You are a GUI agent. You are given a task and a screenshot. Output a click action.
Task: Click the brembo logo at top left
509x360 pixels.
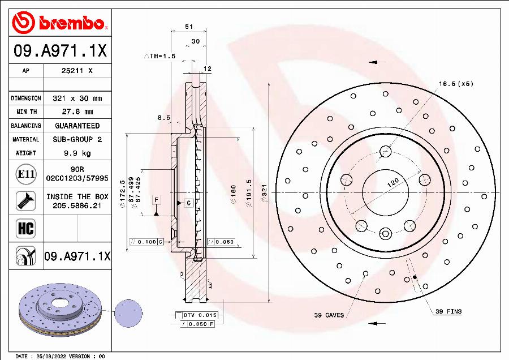click(60, 23)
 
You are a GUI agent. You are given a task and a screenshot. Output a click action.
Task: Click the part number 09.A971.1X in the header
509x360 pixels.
click(60, 52)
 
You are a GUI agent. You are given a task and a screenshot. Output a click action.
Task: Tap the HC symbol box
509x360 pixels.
click(25, 228)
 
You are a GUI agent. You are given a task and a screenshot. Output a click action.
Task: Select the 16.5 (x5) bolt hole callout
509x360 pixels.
click(455, 84)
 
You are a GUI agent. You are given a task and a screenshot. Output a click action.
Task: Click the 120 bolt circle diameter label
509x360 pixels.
click(393, 183)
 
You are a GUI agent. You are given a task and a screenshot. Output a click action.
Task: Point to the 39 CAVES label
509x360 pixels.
click(328, 315)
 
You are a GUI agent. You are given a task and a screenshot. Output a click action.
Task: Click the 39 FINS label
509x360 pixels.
click(448, 311)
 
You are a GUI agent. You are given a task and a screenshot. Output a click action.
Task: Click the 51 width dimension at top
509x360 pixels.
click(189, 27)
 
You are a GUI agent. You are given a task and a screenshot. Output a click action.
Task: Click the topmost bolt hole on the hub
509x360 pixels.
click(386, 151)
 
